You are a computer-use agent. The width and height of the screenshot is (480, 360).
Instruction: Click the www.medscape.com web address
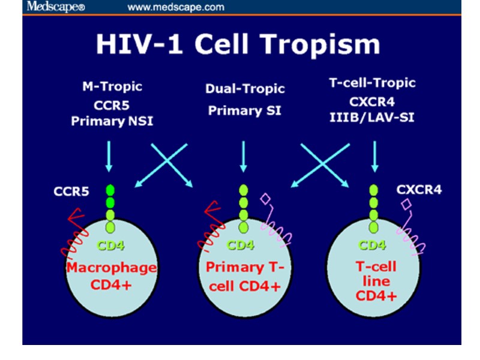[x=176, y=7]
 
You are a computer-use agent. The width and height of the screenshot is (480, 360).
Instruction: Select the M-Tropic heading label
[x=112, y=86]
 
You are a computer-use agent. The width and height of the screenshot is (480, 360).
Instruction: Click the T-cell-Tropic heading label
[x=372, y=83]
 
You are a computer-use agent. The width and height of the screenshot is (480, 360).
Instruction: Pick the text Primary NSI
[x=112, y=121]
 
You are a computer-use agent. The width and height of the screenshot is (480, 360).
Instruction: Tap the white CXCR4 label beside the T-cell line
[x=419, y=190]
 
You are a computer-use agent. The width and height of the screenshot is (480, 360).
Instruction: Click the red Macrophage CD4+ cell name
[x=112, y=275]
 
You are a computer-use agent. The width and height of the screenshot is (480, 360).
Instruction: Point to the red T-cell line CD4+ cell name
[x=373, y=280]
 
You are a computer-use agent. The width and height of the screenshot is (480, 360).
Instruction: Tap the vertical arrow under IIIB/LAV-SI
[x=374, y=157]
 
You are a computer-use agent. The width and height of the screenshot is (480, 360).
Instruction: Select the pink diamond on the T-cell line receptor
[x=407, y=206]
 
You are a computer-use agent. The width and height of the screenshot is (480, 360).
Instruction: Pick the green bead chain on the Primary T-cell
[x=243, y=207]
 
